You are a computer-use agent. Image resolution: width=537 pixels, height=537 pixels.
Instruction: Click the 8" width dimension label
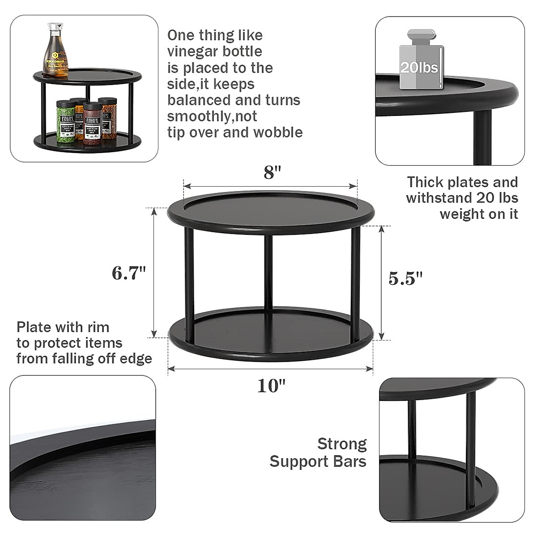click(x=272, y=172)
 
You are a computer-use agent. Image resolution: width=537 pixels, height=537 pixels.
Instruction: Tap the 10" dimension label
click(x=271, y=386)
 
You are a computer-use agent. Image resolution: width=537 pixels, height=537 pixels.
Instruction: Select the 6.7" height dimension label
click(x=129, y=273)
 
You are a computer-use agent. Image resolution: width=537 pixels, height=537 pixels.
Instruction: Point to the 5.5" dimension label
click(x=405, y=278)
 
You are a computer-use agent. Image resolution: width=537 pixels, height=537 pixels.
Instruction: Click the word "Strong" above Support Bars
click(x=342, y=444)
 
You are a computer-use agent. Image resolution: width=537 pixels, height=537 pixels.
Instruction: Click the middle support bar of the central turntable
click(x=268, y=273)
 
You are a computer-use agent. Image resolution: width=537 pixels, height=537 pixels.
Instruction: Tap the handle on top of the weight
click(x=421, y=34)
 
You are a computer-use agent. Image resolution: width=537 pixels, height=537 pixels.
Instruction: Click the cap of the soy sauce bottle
click(x=55, y=26)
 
